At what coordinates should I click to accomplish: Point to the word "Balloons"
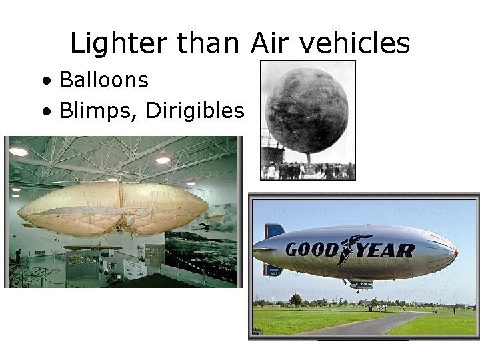(103, 81)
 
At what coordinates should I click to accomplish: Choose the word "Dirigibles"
(195, 111)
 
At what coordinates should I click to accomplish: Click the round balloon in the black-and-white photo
(307, 110)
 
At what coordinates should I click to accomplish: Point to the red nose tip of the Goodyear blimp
(455, 253)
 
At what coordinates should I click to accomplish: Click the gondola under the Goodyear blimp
(361, 285)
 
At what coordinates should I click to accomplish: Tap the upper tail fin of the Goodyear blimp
(273, 231)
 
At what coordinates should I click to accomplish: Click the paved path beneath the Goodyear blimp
(373, 323)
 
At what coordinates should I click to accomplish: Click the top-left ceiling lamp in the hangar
(19, 151)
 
